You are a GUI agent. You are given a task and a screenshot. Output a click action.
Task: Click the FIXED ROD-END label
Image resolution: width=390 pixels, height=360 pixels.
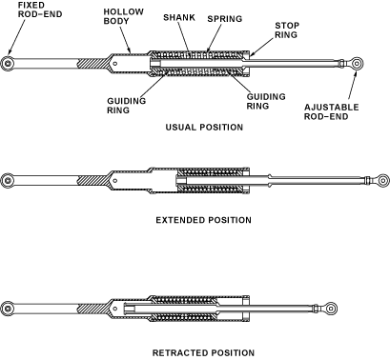[40, 10]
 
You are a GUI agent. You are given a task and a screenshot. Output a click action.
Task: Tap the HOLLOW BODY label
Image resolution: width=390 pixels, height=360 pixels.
[123, 16]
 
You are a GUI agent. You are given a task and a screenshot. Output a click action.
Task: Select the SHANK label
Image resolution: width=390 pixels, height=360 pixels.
[179, 17]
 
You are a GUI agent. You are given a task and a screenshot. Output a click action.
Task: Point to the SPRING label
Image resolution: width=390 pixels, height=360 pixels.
[225, 19]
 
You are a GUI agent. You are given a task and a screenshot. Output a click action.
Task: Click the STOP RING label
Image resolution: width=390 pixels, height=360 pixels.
[287, 30]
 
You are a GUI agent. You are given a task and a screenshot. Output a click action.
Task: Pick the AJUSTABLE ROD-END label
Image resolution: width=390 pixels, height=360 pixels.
[331, 111]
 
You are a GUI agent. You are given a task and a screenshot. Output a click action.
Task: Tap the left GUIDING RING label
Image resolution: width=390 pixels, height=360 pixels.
[126, 106]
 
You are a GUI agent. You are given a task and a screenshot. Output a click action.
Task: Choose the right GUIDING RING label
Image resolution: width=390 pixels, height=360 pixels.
[266, 101]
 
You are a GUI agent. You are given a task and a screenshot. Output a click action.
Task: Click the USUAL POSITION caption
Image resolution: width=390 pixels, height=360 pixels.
[204, 128]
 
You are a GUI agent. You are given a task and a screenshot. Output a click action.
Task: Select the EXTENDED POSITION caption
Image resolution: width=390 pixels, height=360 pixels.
[203, 220]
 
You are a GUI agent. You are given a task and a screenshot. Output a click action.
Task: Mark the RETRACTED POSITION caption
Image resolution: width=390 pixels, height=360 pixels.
[203, 352]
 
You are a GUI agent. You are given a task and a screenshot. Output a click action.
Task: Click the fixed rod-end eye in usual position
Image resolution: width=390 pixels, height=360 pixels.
[8, 64]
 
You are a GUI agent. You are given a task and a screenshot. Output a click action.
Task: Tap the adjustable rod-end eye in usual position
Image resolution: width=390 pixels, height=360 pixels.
[357, 64]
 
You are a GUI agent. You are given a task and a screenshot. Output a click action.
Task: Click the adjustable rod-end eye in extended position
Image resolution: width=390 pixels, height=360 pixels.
[382, 180]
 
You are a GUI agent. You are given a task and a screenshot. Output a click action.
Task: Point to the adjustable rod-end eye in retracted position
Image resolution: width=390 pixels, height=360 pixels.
[331, 309]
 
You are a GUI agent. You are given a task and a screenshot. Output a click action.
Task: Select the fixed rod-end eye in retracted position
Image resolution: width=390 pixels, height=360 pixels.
[8, 309]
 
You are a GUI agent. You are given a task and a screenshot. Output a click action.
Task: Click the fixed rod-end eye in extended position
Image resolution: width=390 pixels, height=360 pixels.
[8, 180]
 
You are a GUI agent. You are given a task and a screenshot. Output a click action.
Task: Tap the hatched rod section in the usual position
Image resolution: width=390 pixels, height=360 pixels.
[92, 64]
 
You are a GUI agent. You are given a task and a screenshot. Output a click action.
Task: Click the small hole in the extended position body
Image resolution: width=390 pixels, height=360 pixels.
[115, 181]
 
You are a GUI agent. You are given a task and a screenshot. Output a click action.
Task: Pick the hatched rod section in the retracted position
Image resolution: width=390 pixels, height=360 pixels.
[92, 309]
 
